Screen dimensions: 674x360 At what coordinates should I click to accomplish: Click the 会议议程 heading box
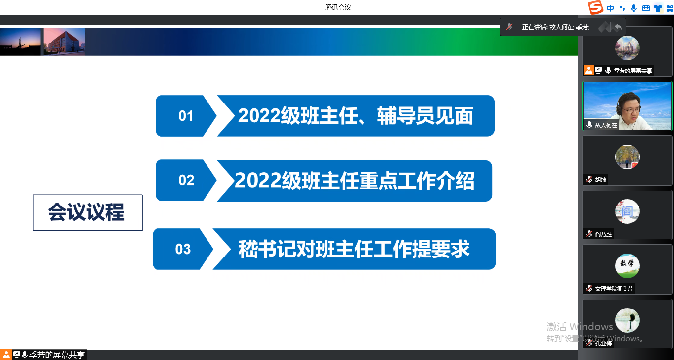click(x=88, y=212)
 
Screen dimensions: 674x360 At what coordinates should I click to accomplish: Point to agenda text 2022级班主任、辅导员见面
click(x=356, y=116)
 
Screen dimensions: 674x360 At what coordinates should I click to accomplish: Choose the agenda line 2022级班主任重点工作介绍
click(x=355, y=180)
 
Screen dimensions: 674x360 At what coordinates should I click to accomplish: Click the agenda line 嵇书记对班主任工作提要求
click(x=354, y=249)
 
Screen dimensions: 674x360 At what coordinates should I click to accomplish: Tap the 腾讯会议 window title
click(x=338, y=7)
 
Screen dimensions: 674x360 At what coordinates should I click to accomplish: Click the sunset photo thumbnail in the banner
click(x=20, y=42)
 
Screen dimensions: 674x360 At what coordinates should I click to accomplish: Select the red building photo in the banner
click(x=64, y=42)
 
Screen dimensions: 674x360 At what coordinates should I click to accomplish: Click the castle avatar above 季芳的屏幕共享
click(x=627, y=48)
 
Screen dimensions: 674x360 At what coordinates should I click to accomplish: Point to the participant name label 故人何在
click(x=606, y=125)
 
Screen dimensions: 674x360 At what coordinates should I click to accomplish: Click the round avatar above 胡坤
click(x=627, y=157)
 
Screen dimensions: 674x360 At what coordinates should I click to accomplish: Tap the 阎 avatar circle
click(x=627, y=211)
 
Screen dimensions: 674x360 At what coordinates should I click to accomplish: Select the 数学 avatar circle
click(x=627, y=266)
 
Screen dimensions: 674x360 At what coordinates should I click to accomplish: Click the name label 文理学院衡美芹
click(x=614, y=289)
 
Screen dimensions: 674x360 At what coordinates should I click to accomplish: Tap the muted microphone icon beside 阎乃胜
click(x=589, y=234)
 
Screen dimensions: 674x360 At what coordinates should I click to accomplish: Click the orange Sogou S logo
click(x=595, y=7)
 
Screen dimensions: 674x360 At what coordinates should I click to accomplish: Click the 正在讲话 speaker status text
click(x=556, y=27)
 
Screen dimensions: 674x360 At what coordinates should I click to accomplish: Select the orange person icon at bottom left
click(x=6, y=355)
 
